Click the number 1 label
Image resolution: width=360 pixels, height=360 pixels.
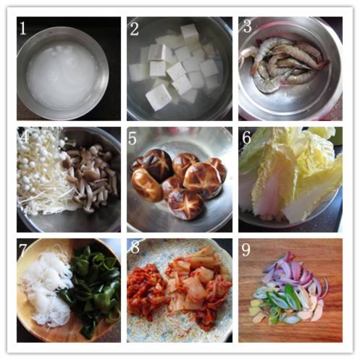pyautogui.click(x=23, y=28)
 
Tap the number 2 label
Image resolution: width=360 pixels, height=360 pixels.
pyautogui.click(x=135, y=30)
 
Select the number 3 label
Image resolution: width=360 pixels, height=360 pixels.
pyautogui.click(x=247, y=25)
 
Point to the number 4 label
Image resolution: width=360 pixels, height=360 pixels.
pyautogui.click(x=24, y=137)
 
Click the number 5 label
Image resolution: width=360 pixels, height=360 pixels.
pyautogui.click(x=133, y=138)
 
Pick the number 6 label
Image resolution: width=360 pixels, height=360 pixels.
pyautogui.click(x=247, y=138)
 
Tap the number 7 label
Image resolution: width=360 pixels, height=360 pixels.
pyautogui.click(x=22, y=250)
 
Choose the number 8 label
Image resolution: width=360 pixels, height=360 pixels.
pyautogui.click(x=135, y=248)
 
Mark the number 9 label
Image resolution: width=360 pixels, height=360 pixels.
pyautogui.click(x=246, y=250)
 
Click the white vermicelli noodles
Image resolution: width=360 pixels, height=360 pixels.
pyautogui.click(x=46, y=288)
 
